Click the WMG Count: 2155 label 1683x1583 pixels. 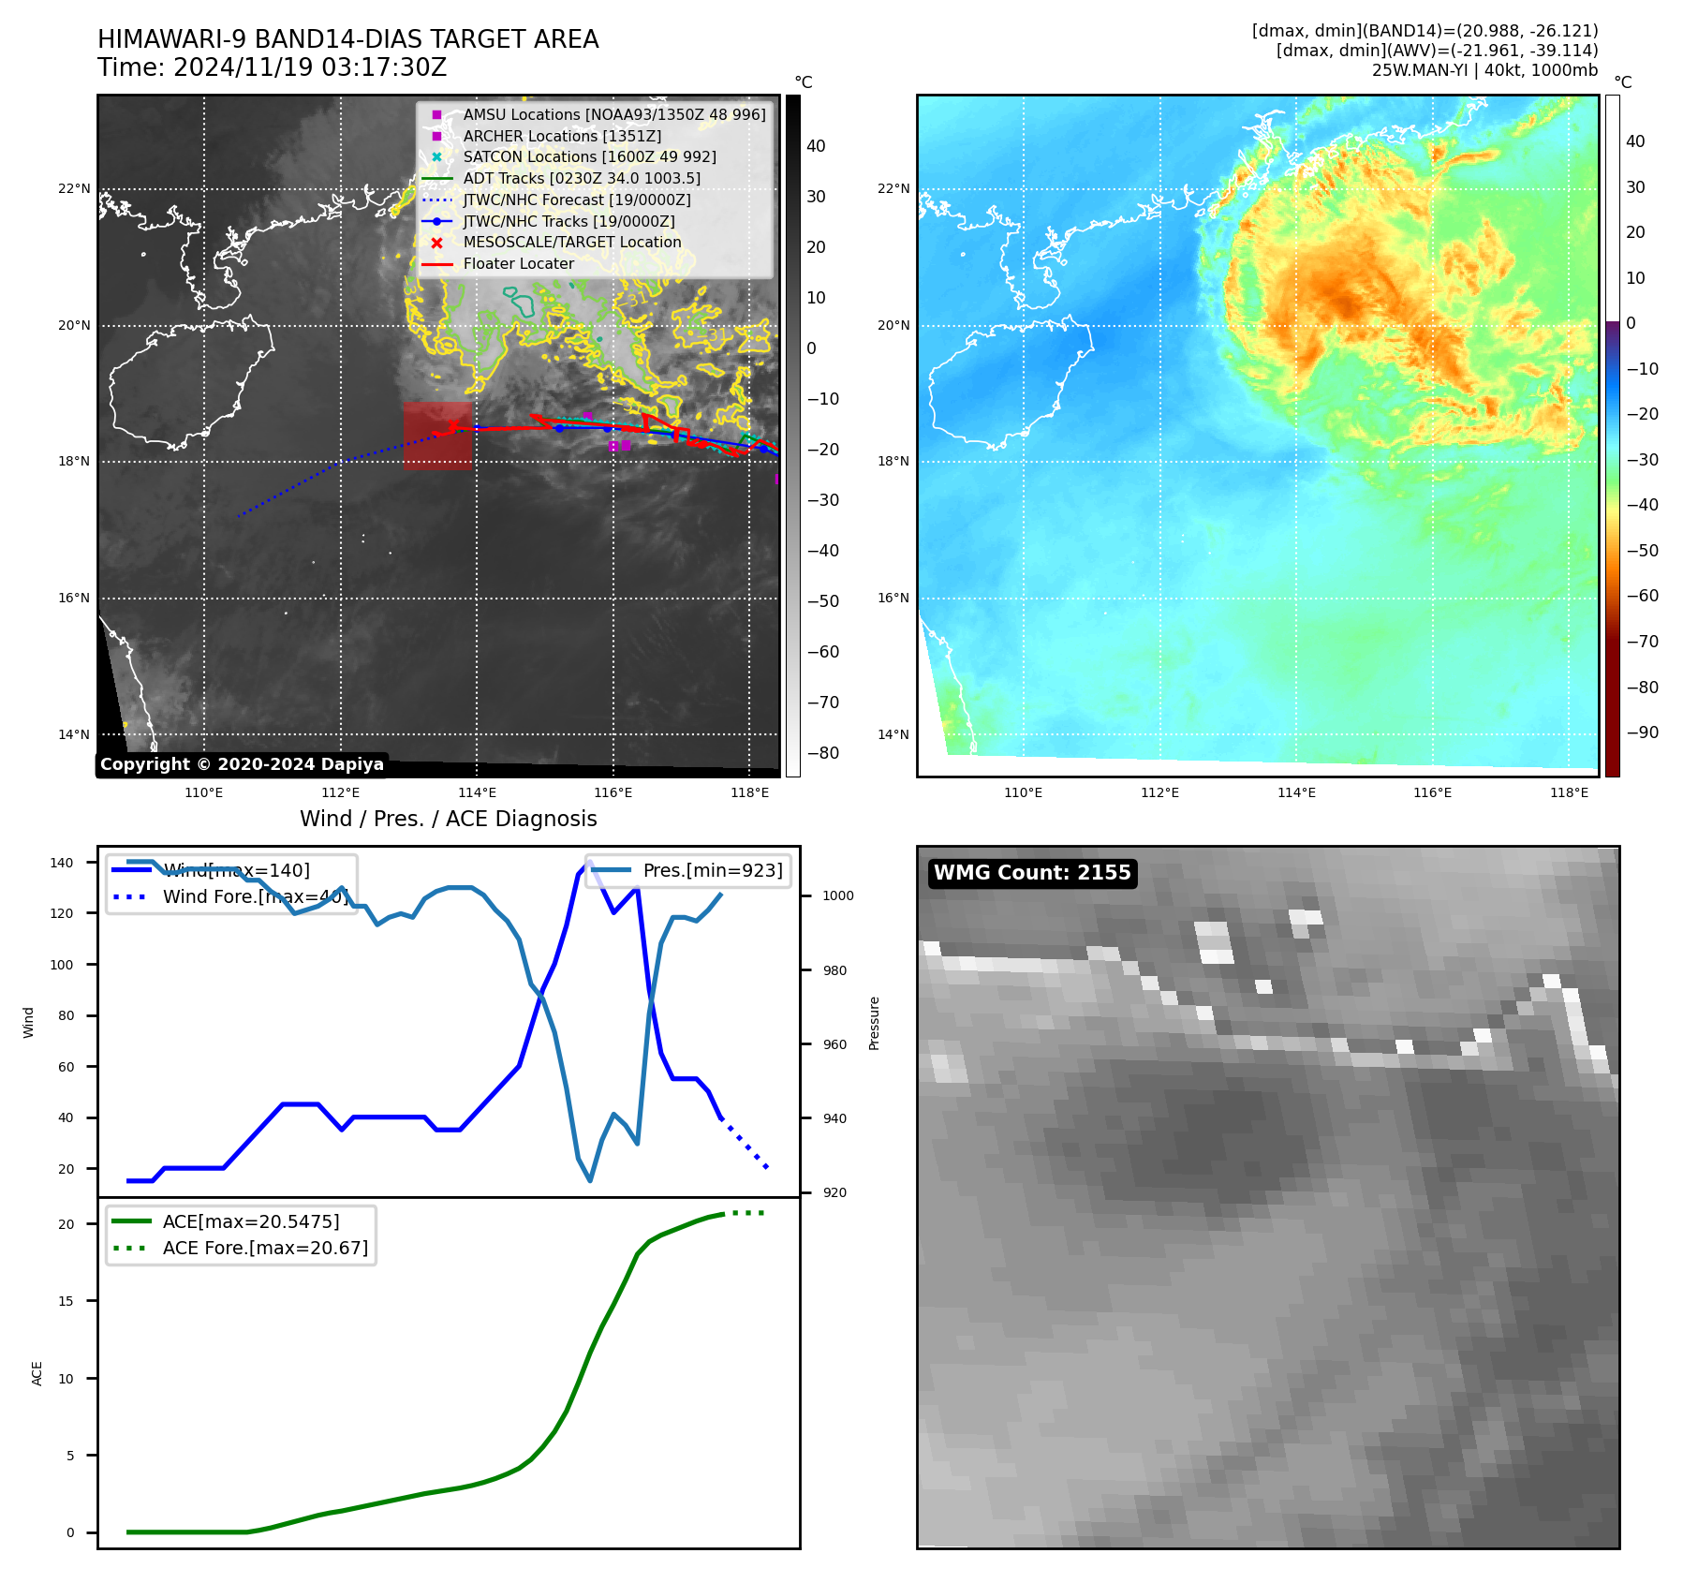click(x=1032, y=873)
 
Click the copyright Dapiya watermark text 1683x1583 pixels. click(x=242, y=764)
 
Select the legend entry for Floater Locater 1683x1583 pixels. click(x=518, y=264)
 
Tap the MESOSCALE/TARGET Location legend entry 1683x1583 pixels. click(x=571, y=243)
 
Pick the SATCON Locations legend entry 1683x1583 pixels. click(x=589, y=157)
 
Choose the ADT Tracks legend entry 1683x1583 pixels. click(x=581, y=179)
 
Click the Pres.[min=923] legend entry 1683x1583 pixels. click(x=712, y=870)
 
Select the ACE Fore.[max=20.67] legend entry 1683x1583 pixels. click(x=265, y=1248)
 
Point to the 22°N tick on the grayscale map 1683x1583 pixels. click(x=74, y=189)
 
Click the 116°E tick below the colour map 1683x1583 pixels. click(x=1432, y=793)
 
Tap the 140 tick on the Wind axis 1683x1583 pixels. click(x=62, y=863)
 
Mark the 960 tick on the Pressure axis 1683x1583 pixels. click(x=834, y=1044)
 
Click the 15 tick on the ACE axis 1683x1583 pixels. click(x=66, y=1301)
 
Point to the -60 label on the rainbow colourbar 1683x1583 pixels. click(x=1642, y=596)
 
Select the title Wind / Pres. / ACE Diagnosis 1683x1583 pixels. click(x=448, y=819)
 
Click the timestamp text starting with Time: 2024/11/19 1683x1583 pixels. click(x=272, y=68)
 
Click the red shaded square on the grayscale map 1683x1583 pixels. click(x=437, y=436)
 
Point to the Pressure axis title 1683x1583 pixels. click(x=874, y=1023)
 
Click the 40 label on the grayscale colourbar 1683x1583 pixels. click(x=816, y=146)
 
